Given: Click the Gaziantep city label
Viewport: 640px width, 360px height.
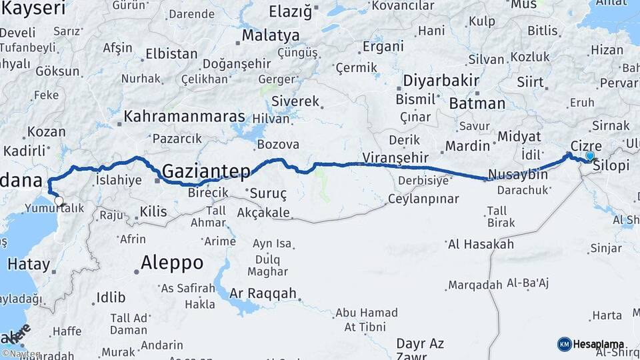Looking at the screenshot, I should pos(207,171).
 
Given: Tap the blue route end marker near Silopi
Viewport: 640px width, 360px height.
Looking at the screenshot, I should pos(589,156).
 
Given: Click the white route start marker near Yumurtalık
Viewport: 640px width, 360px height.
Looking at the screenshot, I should pos(59,200).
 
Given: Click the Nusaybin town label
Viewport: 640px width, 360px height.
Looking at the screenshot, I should pos(518,175).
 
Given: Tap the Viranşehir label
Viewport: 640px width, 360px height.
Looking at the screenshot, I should pos(397,158).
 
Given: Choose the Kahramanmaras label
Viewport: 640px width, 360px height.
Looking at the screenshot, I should pos(185,116).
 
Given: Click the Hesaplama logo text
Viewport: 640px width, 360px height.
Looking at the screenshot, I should pos(597,344).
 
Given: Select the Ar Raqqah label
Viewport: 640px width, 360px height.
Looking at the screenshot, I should pos(263,293).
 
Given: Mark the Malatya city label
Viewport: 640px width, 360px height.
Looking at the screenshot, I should pos(271,35).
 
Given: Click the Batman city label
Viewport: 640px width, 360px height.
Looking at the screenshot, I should pos(477,103).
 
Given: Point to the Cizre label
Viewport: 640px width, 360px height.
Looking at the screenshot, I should pos(587,146).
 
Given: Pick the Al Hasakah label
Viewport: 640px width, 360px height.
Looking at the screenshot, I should pos(481,244).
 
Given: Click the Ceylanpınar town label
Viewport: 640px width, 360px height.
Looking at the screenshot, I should pos(424,199).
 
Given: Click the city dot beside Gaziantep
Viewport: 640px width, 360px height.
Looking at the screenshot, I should pos(157,180).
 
